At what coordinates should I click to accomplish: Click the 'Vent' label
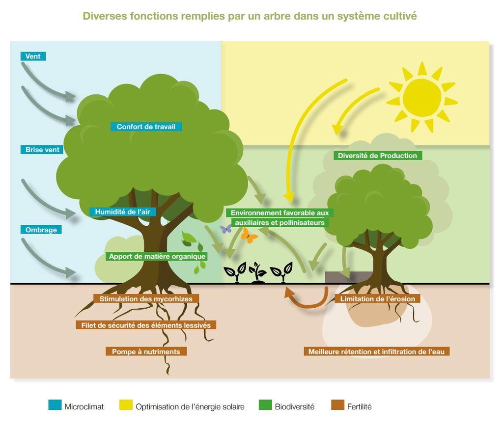point(33,56)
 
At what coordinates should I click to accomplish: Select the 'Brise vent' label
point(42,150)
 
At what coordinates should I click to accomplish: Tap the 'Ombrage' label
point(41,230)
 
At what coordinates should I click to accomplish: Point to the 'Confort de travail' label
point(146,127)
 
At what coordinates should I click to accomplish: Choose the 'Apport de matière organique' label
point(157,256)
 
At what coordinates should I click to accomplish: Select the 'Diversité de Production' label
point(377,156)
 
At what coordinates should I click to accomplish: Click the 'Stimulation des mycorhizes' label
point(146,298)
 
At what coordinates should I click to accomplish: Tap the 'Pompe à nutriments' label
point(146,351)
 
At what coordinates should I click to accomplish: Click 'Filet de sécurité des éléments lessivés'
point(146,325)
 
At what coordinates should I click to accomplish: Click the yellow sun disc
point(421,98)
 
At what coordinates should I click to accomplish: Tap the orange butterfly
point(249,236)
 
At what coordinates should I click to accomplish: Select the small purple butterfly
point(225,229)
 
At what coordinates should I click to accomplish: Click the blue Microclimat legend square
point(55,405)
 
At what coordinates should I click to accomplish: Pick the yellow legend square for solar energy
point(126,405)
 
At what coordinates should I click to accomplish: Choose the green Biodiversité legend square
point(265,405)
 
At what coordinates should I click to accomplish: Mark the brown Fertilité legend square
point(337,405)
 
